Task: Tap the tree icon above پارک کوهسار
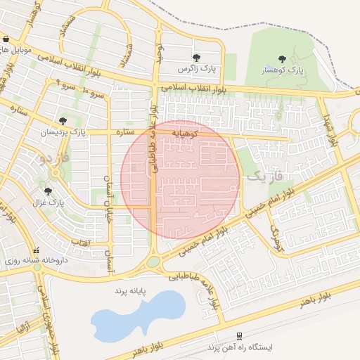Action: pyautogui.click(x=282, y=59)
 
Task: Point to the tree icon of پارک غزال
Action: pyautogui.click(x=48, y=191)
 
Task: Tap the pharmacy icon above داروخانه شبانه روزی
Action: pyautogui.click(x=36, y=250)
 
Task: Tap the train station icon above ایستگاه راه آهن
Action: pyautogui.click(x=240, y=336)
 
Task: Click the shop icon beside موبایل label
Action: pyautogui.click(x=6, y=39)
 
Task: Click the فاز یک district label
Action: pyautogui.click(x=264, y=176)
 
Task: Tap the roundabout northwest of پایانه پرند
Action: pyautogui.click(x=153, y=263)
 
